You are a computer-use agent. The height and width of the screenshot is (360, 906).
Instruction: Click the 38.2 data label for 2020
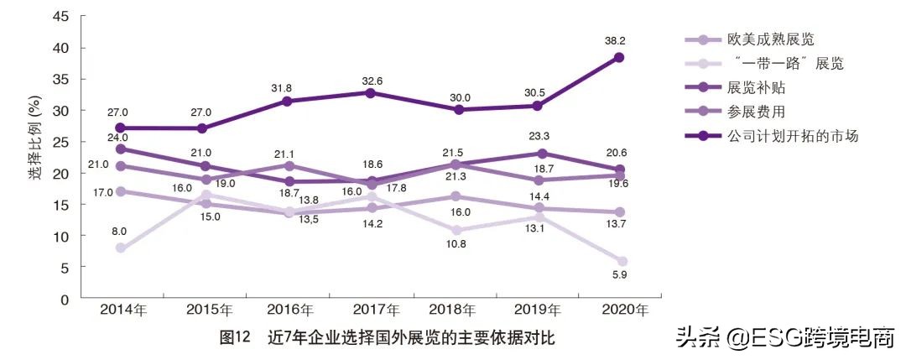tap(619, 39)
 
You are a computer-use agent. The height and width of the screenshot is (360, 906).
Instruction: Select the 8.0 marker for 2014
tap(121, 248)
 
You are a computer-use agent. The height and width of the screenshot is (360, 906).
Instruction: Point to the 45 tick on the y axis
tap(60, 16)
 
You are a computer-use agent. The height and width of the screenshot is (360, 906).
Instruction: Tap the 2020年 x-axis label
tap(625, 310)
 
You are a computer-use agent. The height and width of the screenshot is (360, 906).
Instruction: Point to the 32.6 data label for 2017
tap(371, 81)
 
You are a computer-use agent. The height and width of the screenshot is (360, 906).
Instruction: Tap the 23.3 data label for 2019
tap(541, 134)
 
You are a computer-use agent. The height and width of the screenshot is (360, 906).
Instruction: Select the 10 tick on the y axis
tap(60, 236)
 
